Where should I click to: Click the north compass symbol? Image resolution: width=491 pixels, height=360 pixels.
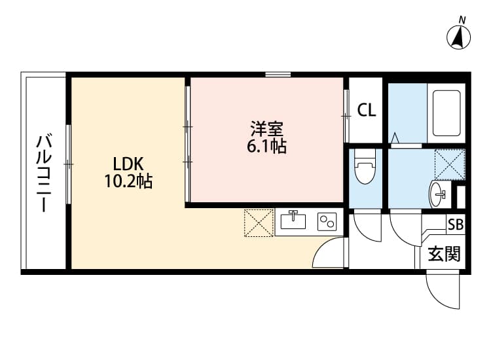coord(460,36)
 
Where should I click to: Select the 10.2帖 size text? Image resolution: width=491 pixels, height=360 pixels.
coord(128,182)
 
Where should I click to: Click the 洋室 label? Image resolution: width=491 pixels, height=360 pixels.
coord(266,128)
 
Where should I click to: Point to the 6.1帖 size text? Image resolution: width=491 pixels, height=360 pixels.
coord(266,147)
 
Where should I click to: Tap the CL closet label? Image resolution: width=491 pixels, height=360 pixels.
coord(367,110)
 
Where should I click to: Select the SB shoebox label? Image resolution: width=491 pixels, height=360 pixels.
coord(455,225)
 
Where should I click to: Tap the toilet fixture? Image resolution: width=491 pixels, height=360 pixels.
coord(364,168)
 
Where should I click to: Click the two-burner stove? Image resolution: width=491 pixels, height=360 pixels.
coord(326,222)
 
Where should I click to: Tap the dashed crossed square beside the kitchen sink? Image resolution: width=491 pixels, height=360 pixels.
coord(258,223)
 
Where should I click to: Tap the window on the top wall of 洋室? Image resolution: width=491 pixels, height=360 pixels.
coord(278,75)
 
